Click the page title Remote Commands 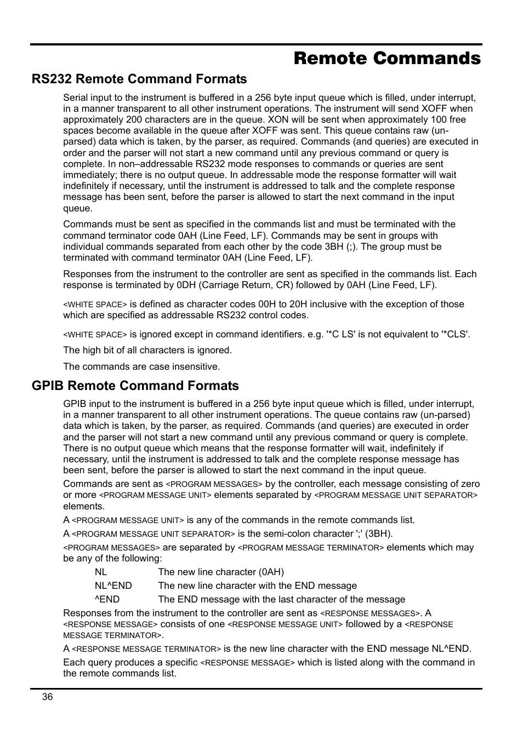point(387,58)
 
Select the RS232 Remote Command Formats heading point(139,79)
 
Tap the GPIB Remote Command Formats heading point(135,386)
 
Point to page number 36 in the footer point(47,697)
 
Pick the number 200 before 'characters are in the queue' point(134,119)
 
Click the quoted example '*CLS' point(455,334)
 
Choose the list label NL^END point(113,586)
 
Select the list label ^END point(107,599)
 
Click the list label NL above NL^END point(101,572)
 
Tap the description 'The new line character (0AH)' point(221,572)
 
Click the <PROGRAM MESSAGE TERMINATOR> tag point(311,548)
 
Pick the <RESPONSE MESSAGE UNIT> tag point(285,624)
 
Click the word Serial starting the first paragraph point(76,97)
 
